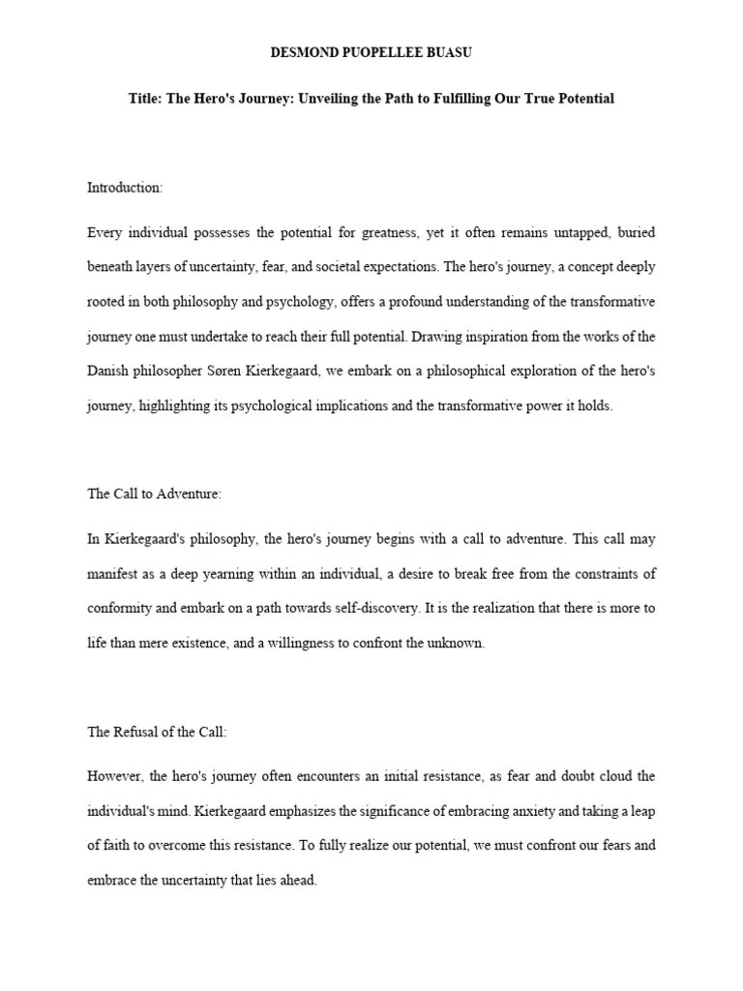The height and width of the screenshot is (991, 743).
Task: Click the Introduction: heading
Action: point(125,187)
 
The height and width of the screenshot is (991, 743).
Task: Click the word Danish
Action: point(108,372)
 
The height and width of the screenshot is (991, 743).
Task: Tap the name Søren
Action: point(227,372)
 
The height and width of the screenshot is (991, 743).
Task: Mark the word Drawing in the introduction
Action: point(438,337)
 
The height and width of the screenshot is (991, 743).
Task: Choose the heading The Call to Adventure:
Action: point(154,494)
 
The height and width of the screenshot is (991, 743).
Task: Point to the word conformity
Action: point(118,609)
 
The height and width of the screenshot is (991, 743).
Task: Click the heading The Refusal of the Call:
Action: point(157,732)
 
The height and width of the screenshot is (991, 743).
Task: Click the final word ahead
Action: point(295,882)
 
